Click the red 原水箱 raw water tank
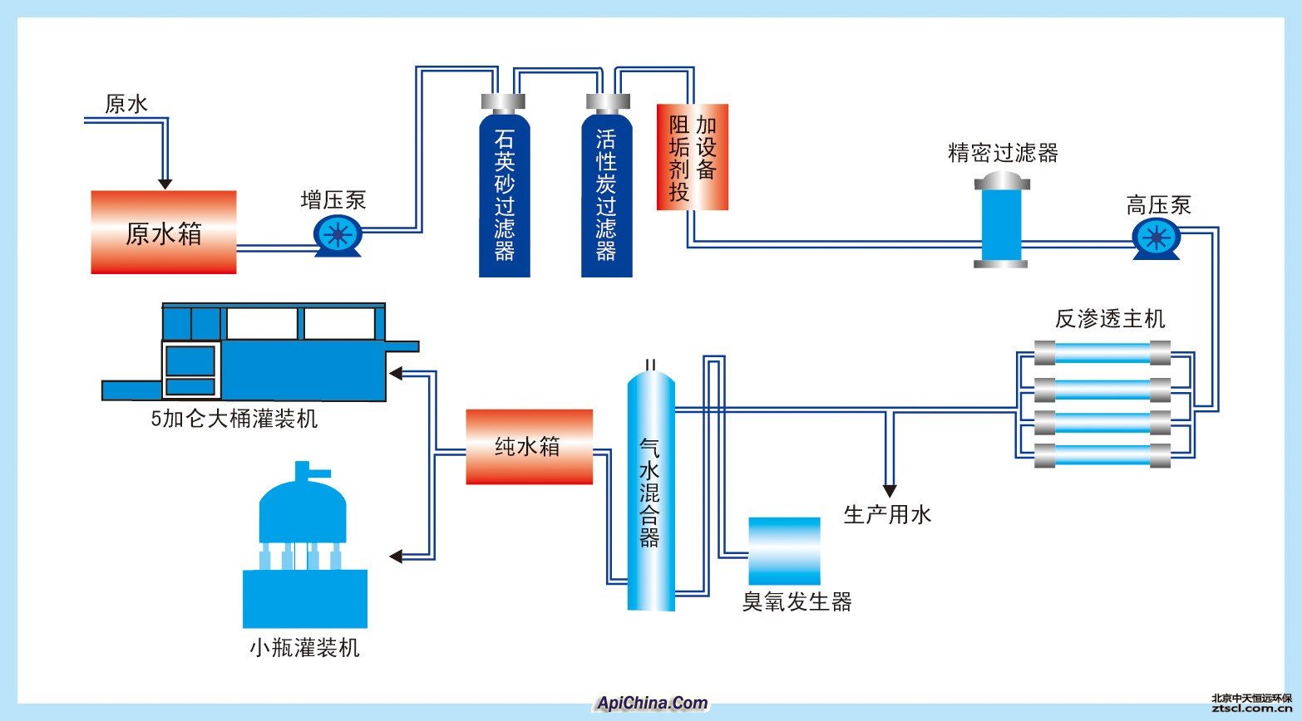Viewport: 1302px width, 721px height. (x=164, y=232)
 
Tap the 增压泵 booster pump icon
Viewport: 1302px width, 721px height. (x=337, y=235)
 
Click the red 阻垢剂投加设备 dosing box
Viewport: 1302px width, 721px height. (x=692, y=157)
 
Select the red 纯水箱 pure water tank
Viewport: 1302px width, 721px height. (x=529, y=447)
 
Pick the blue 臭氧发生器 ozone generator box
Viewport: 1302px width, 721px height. (x=784, y=552)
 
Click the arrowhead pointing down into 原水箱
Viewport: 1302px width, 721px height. (x=165, y=182)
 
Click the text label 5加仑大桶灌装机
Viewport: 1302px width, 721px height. (x=234, y=419)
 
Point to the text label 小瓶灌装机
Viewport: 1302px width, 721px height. (x=304, y=648)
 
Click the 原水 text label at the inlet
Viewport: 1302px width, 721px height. (x=126, y=104)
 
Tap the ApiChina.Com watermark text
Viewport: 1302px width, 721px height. (x=652, y=704)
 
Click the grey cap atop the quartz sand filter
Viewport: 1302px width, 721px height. (x=503, y=102)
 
